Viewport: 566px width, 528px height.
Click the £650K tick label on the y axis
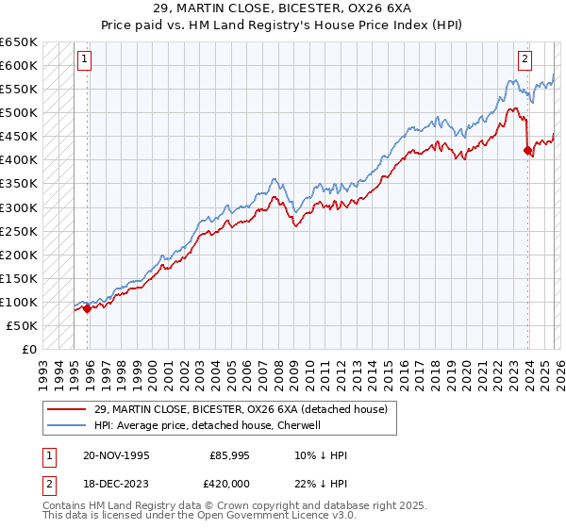point(19,42)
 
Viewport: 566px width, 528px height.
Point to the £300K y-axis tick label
point(19,207)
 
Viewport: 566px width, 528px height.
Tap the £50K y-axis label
point(23,325)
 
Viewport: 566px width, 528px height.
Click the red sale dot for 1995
point(88,307)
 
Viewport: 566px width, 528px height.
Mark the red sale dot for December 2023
point(527,150)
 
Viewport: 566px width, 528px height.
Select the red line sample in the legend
point(66,408)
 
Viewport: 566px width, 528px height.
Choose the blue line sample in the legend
point(66,425)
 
